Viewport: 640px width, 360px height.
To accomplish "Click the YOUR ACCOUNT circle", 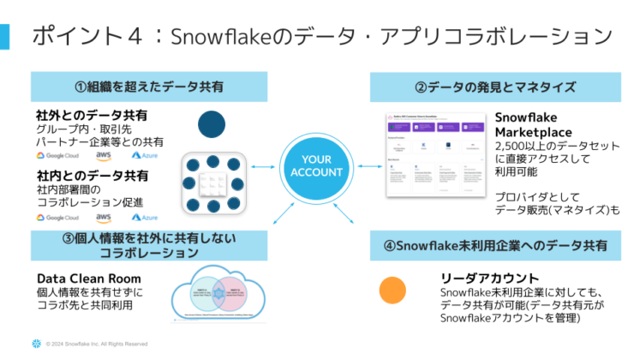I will tap(315, 165).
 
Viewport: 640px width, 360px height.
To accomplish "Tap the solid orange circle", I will tap(392, 291).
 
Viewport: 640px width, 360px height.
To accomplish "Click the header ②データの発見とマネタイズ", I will tap(495, 87).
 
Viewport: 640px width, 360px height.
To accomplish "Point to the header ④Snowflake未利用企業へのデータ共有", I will tap(495, 245).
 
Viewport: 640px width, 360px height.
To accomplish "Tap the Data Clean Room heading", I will tap(89, 279).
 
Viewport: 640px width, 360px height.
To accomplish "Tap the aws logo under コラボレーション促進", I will tap(104, 218).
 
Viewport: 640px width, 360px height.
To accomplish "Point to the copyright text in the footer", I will tap(97, 345).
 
